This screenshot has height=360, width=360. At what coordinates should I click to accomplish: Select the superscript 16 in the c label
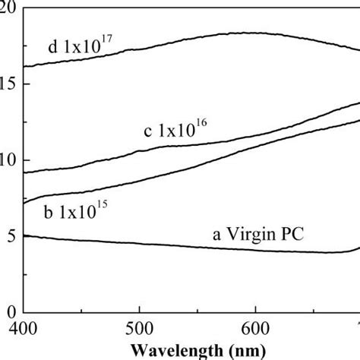pos(200,122)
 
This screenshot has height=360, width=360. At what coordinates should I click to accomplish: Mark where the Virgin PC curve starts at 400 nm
pos(24,236)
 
